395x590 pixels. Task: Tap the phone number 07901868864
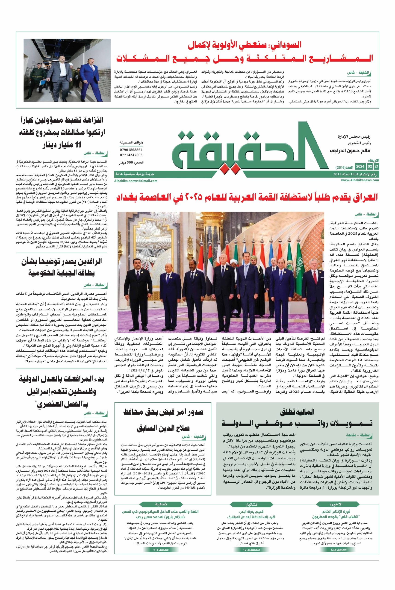tap(131, 150)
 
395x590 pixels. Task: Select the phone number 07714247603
tap(131, 155)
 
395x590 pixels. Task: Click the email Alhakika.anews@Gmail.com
tap(136, 181)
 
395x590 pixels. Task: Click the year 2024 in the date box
tap(360, 167)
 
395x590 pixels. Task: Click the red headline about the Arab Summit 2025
tap(247, 197)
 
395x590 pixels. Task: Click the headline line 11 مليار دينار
tap(62, 145)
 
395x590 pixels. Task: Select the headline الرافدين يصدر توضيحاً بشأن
tap(62, 262)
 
